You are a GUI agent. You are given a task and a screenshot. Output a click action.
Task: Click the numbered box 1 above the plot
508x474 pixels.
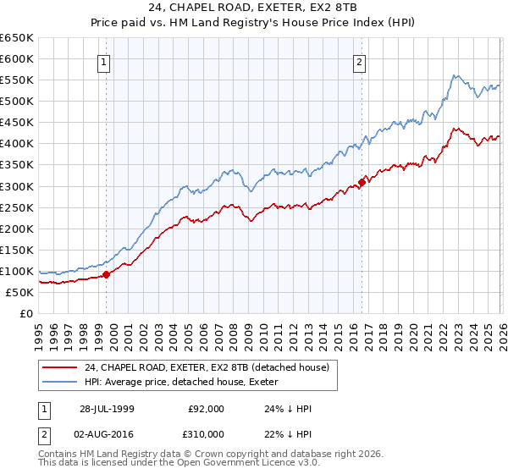pos(103,61)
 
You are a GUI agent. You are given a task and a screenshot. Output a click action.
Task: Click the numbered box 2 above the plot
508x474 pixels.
pos(360,61)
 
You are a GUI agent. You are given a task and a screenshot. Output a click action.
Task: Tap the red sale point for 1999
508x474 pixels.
pos(107,274)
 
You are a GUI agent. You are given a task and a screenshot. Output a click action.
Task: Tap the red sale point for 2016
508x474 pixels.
pos(362,181)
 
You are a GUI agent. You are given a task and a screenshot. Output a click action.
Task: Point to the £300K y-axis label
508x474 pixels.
pos(17,186)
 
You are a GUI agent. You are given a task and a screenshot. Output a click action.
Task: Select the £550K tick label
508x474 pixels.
pos(17,80)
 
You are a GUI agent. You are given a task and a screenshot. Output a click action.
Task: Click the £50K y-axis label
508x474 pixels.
pos(20,292)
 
